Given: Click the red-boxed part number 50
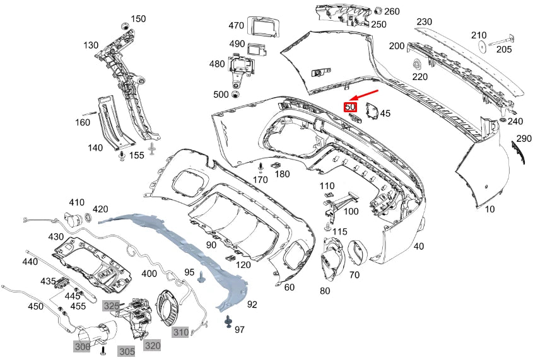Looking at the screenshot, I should point(349,108).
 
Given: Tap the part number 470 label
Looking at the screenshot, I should point(236,26).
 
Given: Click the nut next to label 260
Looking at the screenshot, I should point(379,11).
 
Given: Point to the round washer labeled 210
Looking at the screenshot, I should point(482,46).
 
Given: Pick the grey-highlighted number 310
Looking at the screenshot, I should point(181,332).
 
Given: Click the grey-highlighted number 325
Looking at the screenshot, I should point(111,306).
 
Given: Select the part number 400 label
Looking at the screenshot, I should point(149,274).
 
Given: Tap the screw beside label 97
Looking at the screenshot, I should point(226,323).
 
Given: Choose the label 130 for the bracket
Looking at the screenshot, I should point(91,45).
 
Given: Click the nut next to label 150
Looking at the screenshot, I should point(125,25).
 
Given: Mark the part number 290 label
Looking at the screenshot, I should point(524,138).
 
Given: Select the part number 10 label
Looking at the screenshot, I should point(490,209).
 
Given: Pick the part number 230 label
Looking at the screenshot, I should point(424,21).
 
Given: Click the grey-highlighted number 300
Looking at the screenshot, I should point(82,347).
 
